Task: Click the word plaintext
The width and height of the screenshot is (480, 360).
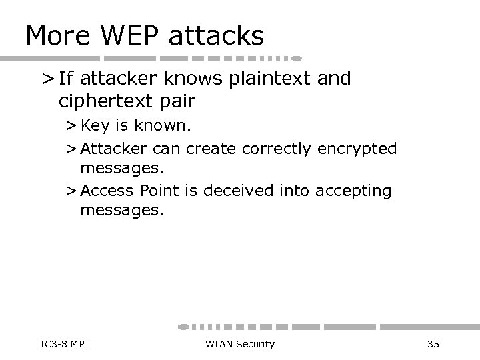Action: click(270, 79)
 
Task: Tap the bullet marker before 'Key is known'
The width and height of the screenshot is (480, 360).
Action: click(71, 127)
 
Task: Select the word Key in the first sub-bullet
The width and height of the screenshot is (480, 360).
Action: click(94, 127)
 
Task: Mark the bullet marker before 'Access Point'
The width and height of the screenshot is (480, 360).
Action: click(71, 191)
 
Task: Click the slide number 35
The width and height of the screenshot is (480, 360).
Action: click(433, 344)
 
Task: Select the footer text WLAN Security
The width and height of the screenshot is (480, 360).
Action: click(240, 344)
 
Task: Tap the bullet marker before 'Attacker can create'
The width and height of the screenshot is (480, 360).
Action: click(71, 149)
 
